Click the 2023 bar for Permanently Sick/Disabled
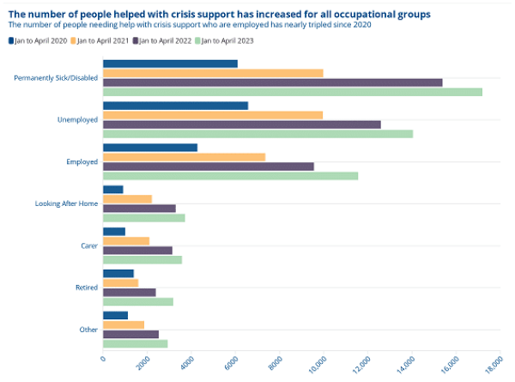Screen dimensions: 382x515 292,92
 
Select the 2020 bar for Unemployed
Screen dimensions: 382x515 175,106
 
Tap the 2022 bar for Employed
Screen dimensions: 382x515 209,166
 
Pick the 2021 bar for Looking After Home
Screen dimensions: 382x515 127,199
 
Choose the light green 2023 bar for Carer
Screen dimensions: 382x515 142,259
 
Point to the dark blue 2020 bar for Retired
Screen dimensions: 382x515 118,274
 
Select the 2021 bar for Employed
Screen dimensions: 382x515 184,156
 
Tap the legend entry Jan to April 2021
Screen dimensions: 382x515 103,40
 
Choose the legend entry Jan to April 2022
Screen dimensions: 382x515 168,40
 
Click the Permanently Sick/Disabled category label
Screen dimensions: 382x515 56,78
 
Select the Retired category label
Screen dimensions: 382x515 87,287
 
